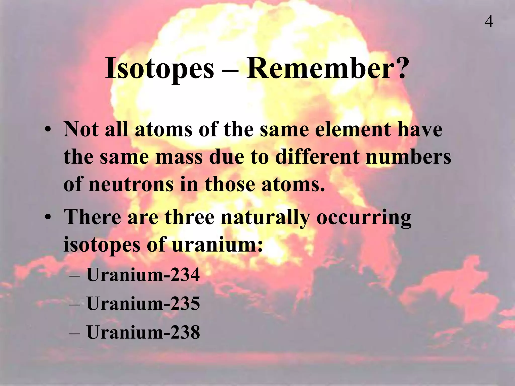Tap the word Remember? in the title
click(x=326, y=68)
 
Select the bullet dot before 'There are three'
click(x=47, y=218)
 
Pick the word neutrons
click(x=131, y=184)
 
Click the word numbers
click(x=408, y=157)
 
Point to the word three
click(x=190, y=217)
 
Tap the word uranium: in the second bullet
click(x=218, y=244)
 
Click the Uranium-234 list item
click(x=143, y=275)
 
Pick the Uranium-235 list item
click(x=143, y=303)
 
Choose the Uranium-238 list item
click(x=143, y=332)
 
